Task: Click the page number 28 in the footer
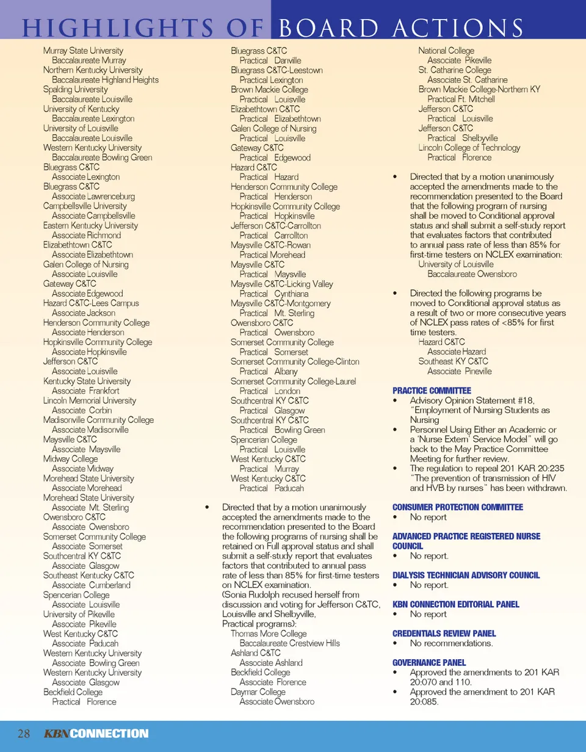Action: point(24,733)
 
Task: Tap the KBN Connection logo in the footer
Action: point(96,733)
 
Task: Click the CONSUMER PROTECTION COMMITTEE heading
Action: point(457,507)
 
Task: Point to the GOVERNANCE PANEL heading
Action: point(429,662)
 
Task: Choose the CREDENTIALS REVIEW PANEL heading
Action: point(444,634)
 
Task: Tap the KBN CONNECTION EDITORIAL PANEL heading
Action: point(455,604)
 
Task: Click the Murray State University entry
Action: point(83,51)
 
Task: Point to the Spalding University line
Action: point(72,89)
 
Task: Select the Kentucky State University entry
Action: point(87,381)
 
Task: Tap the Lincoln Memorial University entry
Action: point(90,400)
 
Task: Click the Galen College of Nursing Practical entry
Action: point(273,128)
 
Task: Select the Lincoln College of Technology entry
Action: point(469,148)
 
